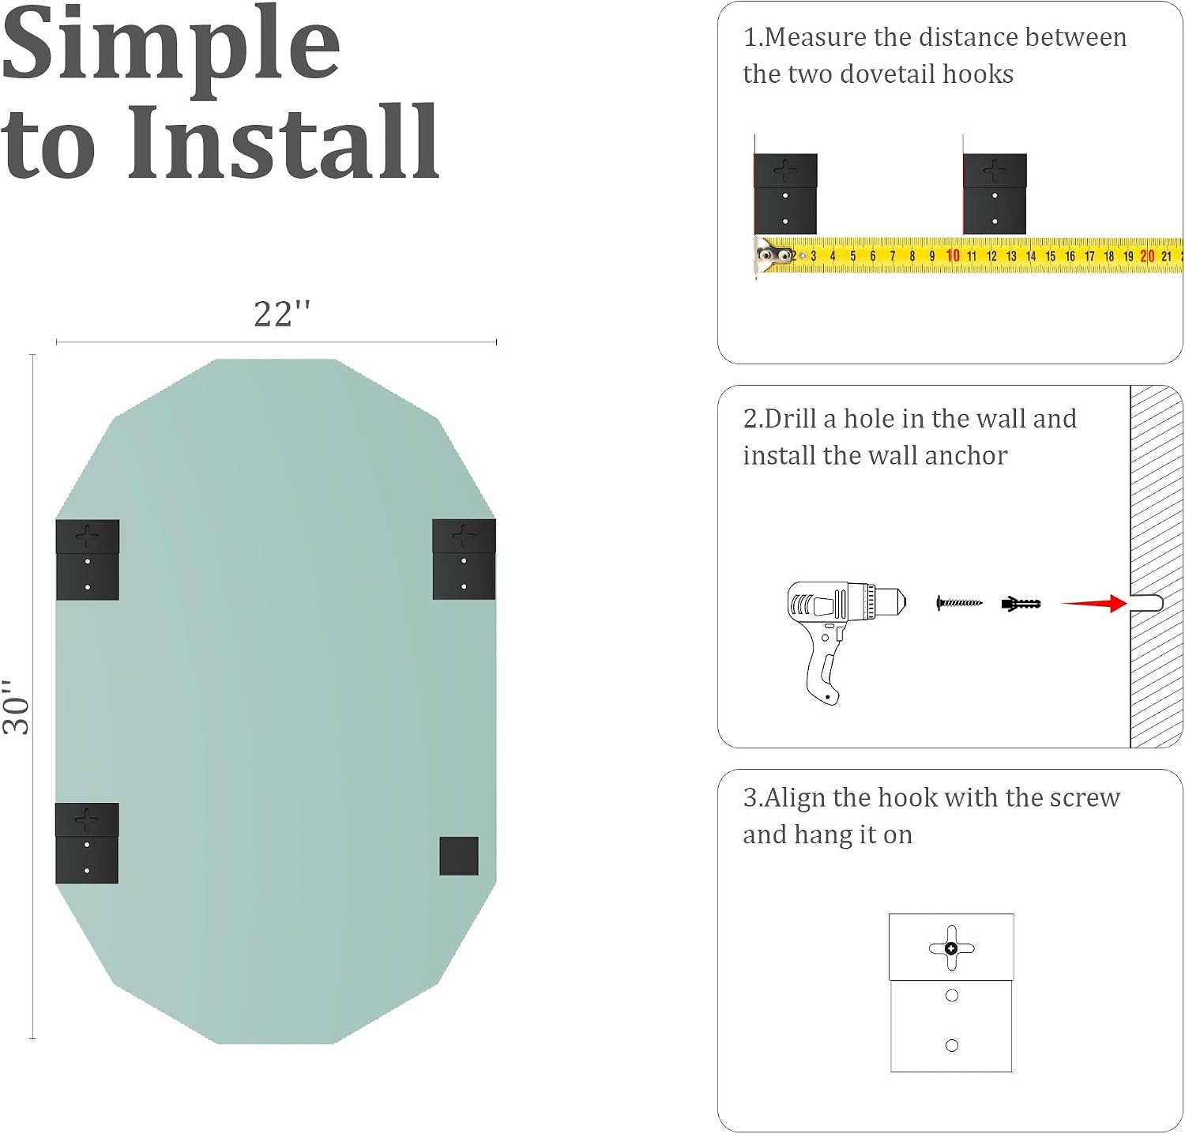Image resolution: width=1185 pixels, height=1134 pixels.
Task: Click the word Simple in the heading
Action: [171, 46]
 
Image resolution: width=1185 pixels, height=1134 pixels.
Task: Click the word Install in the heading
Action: [284, 143]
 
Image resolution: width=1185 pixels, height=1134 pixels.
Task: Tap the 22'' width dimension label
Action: [282, 314]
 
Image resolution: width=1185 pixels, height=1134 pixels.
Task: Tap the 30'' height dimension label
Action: [16, 706]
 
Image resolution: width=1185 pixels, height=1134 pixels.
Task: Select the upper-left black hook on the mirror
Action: [88, 559]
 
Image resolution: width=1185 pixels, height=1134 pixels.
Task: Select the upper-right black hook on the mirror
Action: [464, 559]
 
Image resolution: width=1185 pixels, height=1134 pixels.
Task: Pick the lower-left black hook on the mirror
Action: [87, 843]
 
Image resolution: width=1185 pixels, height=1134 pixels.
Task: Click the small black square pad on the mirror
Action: [459, 856]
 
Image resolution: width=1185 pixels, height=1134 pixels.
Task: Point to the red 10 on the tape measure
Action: [953, 255]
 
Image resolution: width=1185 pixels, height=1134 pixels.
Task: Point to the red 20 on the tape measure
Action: [1147, 256]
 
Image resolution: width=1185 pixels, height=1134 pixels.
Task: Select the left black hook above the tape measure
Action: [785, 194]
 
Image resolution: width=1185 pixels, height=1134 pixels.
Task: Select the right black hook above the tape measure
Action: [995, 194]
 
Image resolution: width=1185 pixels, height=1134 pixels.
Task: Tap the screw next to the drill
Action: [959, 603]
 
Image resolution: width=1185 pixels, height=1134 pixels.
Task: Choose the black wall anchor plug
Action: [1021, 604]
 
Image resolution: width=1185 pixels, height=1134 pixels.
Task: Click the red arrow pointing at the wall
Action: [1094, 604]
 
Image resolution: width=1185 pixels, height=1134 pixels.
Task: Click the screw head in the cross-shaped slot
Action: [951, 948]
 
